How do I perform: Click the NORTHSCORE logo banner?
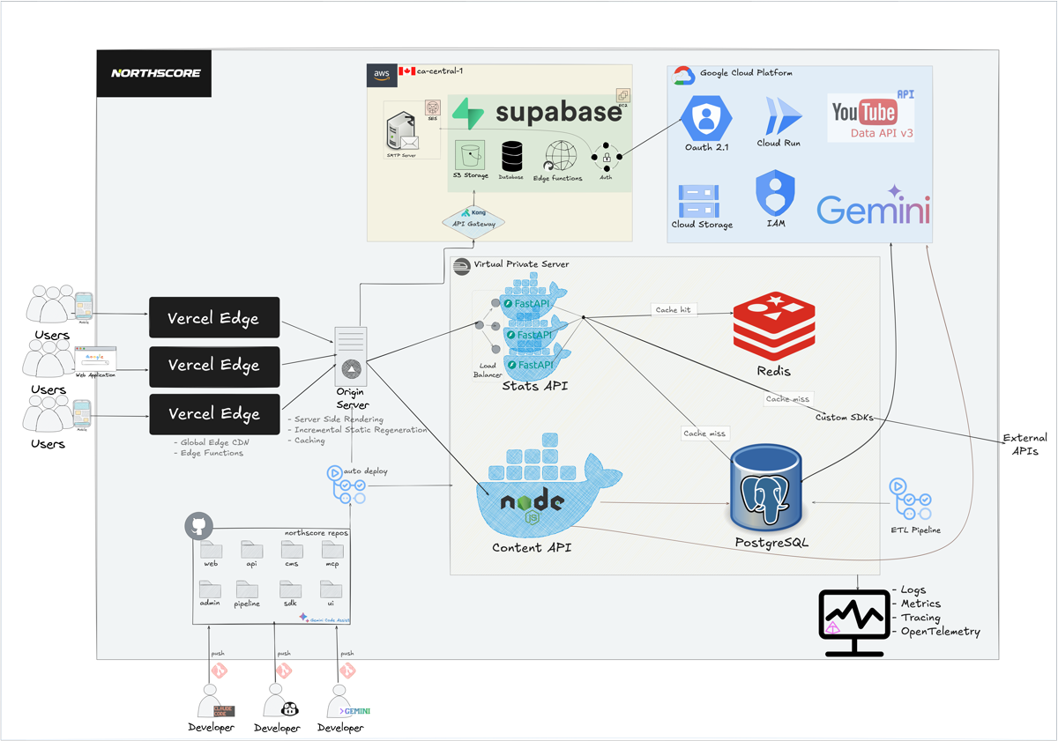point(155,73)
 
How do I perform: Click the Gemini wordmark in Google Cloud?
point(873,209)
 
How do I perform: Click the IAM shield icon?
point(775,193)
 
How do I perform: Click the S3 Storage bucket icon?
point(470,156)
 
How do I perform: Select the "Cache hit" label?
point(673,310)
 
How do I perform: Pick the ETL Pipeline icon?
point(911,500)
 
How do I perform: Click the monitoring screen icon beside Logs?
point(853,622)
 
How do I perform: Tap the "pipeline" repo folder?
point(247,589)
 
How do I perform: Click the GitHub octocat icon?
point(199,527)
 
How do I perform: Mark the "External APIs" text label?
point(1024,444)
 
